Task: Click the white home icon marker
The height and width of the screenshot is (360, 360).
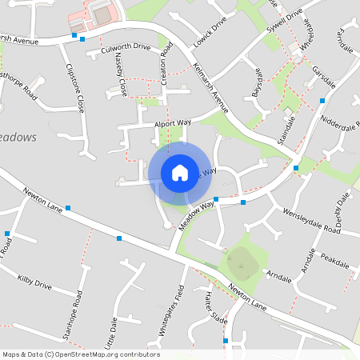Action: point(180,173)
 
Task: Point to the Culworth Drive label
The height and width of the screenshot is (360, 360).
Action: point(126,49)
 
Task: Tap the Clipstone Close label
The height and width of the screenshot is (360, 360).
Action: point(76,88)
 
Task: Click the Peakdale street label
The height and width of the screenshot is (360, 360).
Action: point(335,262)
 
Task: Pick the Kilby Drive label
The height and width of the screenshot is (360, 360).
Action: point(34,282)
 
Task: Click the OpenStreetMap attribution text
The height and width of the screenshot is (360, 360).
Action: point(81,354)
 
